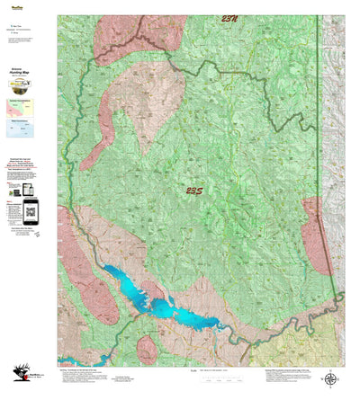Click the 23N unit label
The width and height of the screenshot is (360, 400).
(213, 18)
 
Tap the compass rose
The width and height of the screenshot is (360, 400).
(332, 379)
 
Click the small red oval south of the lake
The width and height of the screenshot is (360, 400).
(148, 349)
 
